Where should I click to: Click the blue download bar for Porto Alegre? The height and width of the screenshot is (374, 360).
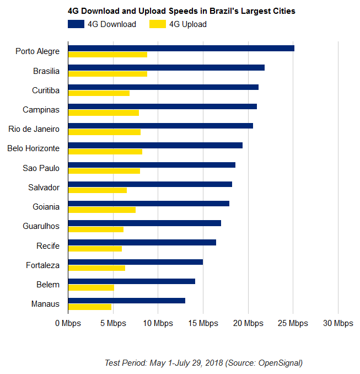pyautogui.click(x=181, y=48)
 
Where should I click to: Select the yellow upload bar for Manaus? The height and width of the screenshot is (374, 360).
pyautogui.click(x=90, y=307)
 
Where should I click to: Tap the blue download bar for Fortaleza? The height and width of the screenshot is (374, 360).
pyautogui.click(x=136, y=262)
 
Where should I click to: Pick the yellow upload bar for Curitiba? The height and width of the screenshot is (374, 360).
pyautogui.click(x=99, y=93)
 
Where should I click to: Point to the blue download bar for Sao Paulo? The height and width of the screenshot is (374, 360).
pyautogui.click(x=152, y=165)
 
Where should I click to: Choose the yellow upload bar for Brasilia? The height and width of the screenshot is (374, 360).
pyautogui.click(x=108, y=74)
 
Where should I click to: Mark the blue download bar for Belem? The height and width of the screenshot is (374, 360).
pyautogui.click(x=132, y=281)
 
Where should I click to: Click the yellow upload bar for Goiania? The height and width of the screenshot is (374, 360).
pyautogui.click(x=102, y=210)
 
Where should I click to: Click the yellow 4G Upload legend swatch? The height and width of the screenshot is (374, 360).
pyautogui.click(x=158, y=24)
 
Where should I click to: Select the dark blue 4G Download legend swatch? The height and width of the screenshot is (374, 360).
pyautogui.click(x=76, y=24)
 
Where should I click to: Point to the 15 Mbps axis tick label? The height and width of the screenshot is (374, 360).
pyautogui.click(x=203, y=323)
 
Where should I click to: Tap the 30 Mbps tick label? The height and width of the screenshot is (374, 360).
pyautogui.click(x=338, y=323)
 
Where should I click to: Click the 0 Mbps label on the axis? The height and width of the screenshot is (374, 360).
pyautogui.click(x=68, y=323)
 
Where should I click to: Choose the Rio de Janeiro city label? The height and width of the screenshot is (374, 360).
pyautogui.click(x=34, y=129)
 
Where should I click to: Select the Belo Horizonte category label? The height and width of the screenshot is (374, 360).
pyautogui.click(x=34, y=148)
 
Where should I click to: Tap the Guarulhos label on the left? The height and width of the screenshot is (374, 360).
pyautogui.click(x=41, y=226)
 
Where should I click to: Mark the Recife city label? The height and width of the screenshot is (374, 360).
pyautogui.click(x=48, y=245)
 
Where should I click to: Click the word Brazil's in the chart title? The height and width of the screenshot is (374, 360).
pyautogui.click(x=224, y=11)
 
